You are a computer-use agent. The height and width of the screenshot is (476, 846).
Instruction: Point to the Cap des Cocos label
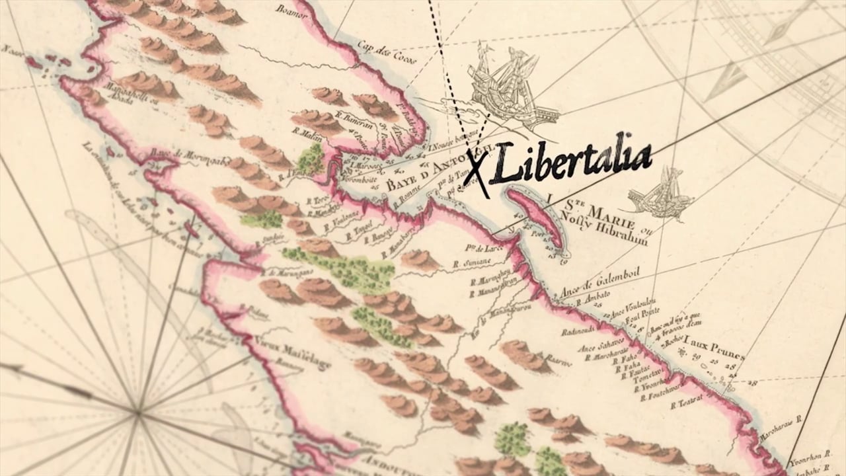point(382,51)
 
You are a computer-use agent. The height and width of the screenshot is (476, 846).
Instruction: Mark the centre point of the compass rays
point(137,414)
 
